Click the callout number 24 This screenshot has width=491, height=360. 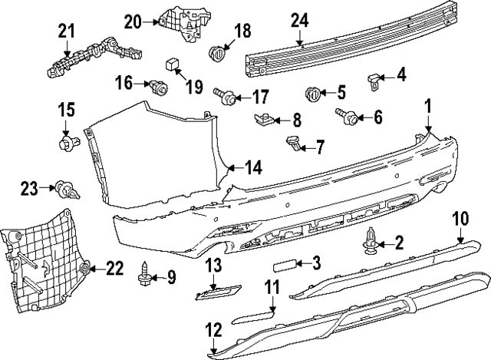point(298,22)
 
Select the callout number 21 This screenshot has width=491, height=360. point(67,31)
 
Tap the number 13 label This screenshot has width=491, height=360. point(213,265)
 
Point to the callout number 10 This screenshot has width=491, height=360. point(459,218)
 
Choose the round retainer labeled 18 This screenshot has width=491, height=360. point(219,52)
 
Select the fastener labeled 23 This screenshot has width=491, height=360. point(65,187)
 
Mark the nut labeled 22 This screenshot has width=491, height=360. point(85,268)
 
